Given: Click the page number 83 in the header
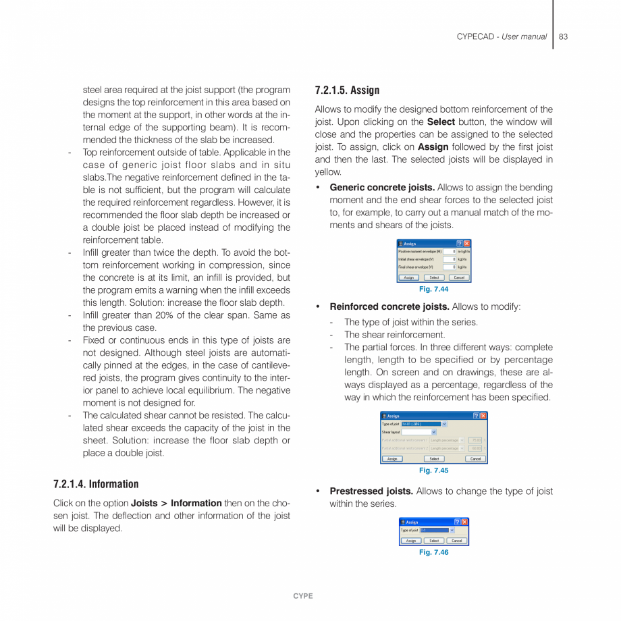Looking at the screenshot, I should (x=563, y=36).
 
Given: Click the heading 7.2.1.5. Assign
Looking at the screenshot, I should (x=347, y=90).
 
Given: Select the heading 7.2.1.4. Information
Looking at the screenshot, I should (x=96, y=484).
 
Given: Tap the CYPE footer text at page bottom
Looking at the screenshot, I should (x=303, y=596).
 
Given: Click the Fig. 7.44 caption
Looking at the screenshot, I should (x=433, y=289).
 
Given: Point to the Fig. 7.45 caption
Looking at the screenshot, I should (x=433, y=470).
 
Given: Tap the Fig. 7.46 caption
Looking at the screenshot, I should (x=433, y=552).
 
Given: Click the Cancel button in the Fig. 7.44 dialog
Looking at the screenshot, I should (x=459, y=277).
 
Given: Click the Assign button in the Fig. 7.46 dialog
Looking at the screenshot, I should (x=411, y=541).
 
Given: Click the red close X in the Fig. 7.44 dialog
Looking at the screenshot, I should (x=466, y=244).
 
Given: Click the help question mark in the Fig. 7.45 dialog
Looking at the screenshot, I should (x=476, y=416).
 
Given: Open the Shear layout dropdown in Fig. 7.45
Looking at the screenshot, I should (x=433, y=432).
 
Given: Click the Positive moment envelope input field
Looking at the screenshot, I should (x=450, y=251).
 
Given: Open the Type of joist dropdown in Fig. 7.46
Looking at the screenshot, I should (x=452, y=530).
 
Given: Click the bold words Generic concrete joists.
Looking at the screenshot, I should (x=382, y=188).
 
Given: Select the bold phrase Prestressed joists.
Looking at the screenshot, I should (x=371, y=491).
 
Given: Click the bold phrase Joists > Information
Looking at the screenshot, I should (x=176, y=503).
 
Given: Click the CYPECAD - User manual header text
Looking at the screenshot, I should (x=502, y=36).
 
